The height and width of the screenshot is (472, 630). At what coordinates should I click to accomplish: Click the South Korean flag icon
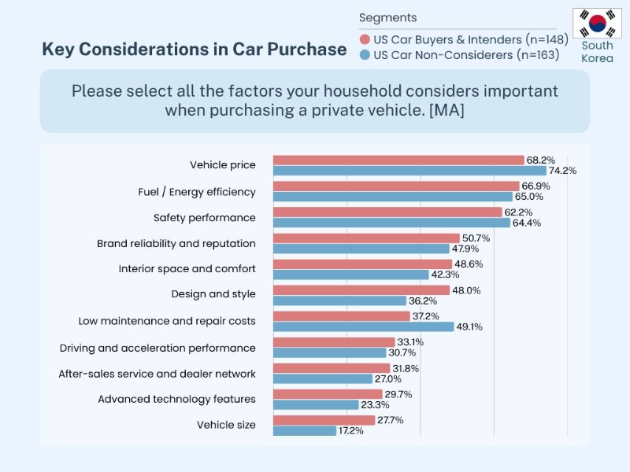597,24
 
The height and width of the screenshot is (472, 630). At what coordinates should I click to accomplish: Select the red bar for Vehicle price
398,160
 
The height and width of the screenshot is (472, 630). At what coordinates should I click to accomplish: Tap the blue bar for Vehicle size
305,431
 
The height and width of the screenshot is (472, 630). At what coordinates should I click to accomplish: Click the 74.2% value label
563,171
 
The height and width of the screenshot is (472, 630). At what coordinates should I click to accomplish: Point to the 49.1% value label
471,326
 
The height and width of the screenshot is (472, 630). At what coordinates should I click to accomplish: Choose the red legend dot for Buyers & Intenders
365,39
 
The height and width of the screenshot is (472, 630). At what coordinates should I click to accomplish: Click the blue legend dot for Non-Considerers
365,55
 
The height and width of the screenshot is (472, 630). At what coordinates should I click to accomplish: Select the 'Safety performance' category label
205,217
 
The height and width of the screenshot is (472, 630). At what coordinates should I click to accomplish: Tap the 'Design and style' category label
213,294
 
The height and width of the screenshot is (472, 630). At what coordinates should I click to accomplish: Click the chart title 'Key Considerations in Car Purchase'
194,49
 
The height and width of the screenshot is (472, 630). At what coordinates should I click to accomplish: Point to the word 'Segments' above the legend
388,17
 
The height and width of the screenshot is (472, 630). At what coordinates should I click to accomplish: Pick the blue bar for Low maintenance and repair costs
364,326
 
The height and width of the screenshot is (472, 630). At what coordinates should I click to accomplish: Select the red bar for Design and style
361,290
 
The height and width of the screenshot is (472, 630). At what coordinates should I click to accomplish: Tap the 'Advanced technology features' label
176,399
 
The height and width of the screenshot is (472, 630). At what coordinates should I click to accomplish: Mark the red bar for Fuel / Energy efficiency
396,186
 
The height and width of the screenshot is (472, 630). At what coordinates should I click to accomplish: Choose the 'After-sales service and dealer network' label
157,374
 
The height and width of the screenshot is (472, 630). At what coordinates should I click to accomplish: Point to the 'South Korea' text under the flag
597,52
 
